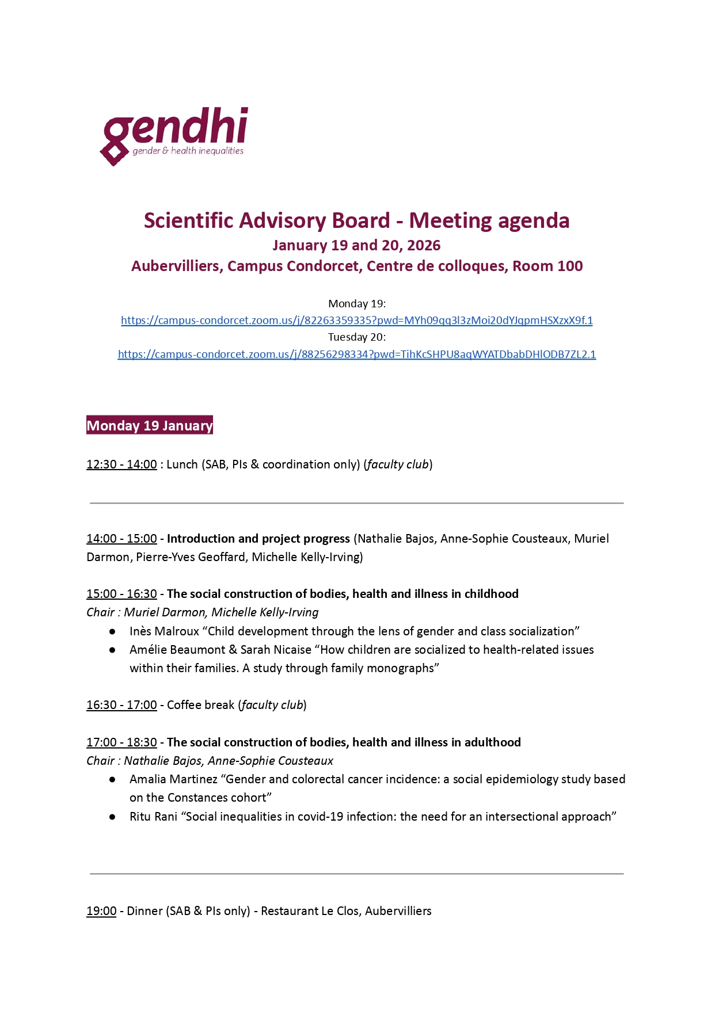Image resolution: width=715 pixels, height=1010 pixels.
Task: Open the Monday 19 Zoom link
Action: pos(356,321)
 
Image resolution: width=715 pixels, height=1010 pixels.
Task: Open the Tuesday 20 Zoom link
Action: pos(356,355)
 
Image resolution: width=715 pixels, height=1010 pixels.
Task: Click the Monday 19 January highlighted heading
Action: pos(150,425)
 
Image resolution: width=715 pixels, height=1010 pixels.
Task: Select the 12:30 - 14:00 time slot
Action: pos(121,464)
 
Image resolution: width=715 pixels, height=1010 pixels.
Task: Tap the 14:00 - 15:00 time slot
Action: pos(121,539)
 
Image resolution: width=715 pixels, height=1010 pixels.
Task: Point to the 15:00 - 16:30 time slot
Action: pos(121,594)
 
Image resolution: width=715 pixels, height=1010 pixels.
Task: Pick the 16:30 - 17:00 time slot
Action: pos(121,705)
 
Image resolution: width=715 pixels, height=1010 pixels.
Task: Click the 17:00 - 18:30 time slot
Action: pos(121,742)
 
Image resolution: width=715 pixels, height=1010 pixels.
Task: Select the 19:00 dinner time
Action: pos(101,911)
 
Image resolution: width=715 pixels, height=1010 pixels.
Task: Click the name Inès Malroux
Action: pos(164,631)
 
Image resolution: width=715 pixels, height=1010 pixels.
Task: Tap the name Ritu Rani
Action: pos(153,817)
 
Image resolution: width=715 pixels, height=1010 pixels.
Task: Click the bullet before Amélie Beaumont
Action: pos(112,650)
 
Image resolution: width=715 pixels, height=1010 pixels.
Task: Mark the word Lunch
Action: pos(182,464)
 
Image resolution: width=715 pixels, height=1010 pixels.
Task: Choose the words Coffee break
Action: pos(200,705)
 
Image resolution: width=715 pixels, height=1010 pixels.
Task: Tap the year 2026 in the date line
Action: pos(424,246)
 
